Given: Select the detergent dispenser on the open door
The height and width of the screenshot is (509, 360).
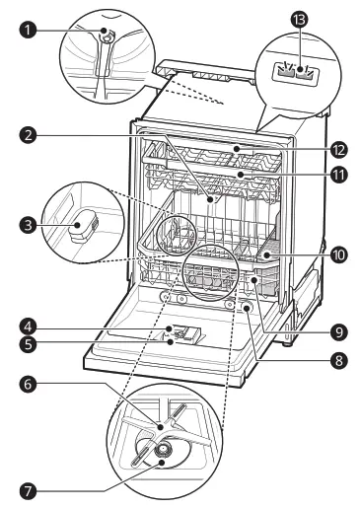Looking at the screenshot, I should coord(180,335).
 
